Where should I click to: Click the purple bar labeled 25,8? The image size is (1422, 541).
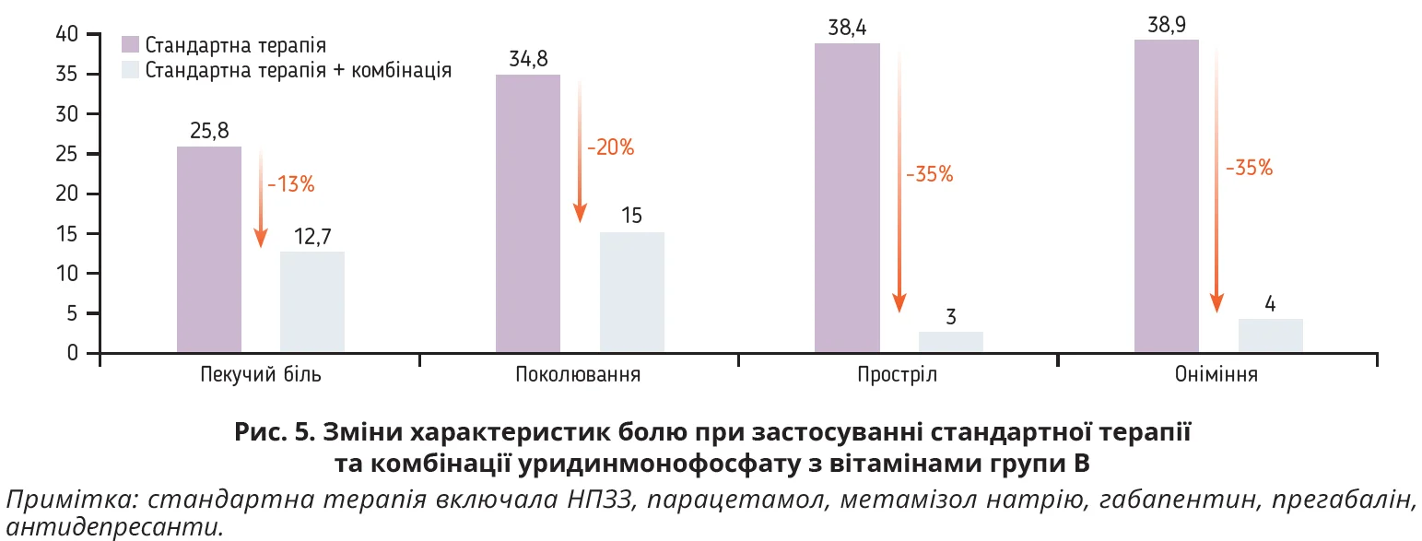coord(209,250)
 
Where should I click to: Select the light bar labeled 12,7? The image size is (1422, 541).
coord(312,302)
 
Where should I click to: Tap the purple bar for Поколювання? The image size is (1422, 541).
coord(528,214)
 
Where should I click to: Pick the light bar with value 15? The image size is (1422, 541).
coord(632,293)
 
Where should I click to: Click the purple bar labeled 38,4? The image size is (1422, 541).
coord(848,198)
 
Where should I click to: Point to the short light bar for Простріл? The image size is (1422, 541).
coord(951,342)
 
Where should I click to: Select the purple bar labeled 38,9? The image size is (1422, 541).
coord(1167,196)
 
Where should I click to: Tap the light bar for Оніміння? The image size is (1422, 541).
coord(1271,336)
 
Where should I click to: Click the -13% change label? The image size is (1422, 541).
coord(291,184)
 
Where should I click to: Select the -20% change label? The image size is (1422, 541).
coord(610,147)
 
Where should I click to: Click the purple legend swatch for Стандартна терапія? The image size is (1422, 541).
coord(130,44)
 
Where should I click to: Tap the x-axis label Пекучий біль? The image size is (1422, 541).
coord(261,376)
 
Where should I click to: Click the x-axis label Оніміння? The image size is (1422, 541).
coord(1216,376)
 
